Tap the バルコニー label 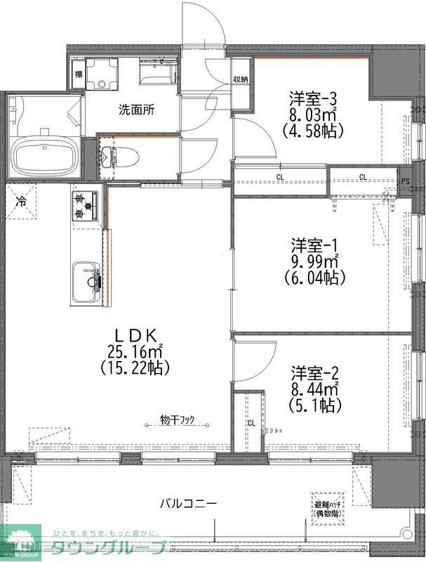coord(187,503)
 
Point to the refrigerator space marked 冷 coord(22,201)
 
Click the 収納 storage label coord(241,79)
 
